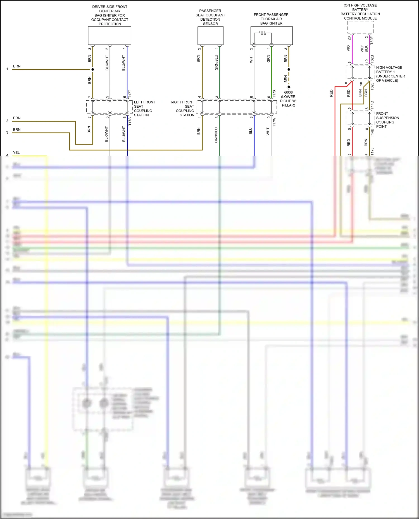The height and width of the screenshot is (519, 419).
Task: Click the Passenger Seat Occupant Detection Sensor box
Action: pyautogui.click(x=210, y=36)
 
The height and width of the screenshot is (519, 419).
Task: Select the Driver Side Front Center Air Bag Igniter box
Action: pyautogui.click(x=109, y=36)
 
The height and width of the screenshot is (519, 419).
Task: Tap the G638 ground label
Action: pyautogui.click(x=288, y=93)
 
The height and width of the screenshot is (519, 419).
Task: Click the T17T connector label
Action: pyautogui.click(x=130, y=94)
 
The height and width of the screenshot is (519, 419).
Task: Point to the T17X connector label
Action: pyautogui.click(x=274, y=93)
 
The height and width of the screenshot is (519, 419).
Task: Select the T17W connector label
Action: pyautogui.click(x=274, y=122)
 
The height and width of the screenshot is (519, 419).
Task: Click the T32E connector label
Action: pyautogui.click(x=372, y=40)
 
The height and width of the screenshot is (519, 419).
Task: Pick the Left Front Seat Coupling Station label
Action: pyautogui.click(x=144, y=108)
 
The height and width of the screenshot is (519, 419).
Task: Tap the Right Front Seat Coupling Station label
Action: pyautogui.click(x=183, y=108)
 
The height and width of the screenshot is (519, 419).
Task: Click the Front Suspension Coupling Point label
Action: pyautogui.click(x=387, y=120)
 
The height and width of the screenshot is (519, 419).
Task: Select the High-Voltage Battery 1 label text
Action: pyautogui.click(x=390, y=74)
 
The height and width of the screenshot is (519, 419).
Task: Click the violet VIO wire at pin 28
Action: pyautogui.click(x=352, y=49)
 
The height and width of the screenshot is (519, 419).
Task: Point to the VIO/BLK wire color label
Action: pyautogui.click(x=364, y=49)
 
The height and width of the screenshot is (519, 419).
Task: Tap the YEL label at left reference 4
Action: pyautogui.click(x=16, y=153)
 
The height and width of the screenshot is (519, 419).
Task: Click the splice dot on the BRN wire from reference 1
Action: pyautogui.click(x=93, y=69)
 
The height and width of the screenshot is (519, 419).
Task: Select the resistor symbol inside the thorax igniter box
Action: pyautogui.click(x=262, y=33)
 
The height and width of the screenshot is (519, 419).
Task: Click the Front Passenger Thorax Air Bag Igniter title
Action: pyautogui.click(x=271, y=19)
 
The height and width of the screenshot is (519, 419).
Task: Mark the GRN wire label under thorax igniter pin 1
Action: pyautogui.click(x=268, y=59)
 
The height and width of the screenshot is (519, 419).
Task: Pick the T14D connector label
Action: pyautogui.click(x=372, y=105)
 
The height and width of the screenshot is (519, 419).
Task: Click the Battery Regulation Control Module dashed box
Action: pyautogui.click(x=360, y=27)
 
